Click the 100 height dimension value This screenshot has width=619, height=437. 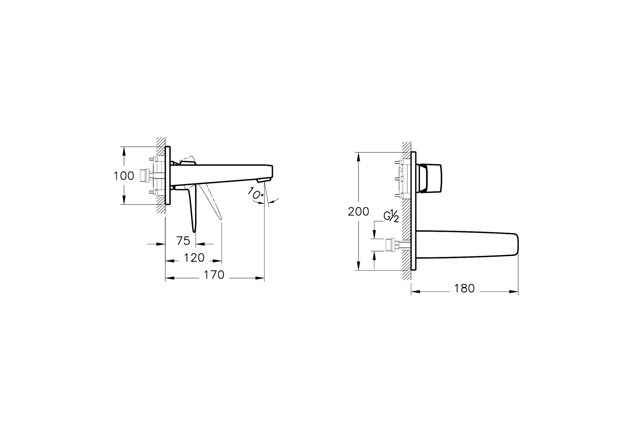(x=124, y=176)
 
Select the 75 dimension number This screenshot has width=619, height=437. (x=183, y=241)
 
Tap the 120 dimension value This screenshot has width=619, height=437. (x=194, y=257)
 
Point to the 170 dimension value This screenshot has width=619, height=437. (x=214, y=275)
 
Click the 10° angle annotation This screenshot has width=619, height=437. (x=255, y=193)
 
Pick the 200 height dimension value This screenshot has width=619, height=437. (x=358, y=212)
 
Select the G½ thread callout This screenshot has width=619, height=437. (x=391, y=216)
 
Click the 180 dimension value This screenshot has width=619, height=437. (x=464, y=288)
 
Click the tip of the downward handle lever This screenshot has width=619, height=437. (x=194, y=231)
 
